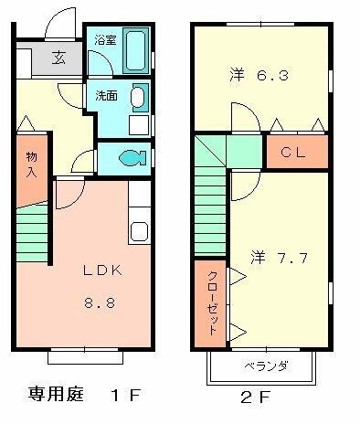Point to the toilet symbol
click(129, 156)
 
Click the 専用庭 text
click(54, 397)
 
